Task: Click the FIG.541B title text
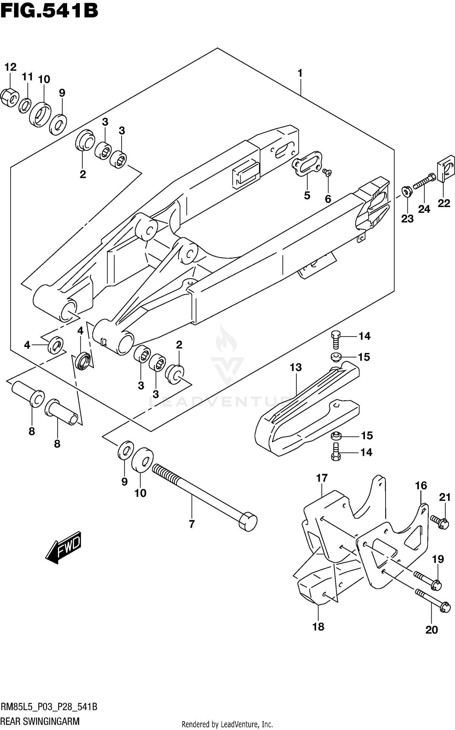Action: click(49, 11)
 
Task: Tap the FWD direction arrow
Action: click(63, 548)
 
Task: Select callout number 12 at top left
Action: click(10, 67)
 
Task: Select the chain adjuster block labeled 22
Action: click(445, 171)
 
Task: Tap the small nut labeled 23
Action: click(406, 191)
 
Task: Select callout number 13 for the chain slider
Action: click(295, 367)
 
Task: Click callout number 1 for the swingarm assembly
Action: click(300, 73)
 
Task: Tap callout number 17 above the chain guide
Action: click(322, 478)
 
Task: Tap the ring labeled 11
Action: click(25, 106)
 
